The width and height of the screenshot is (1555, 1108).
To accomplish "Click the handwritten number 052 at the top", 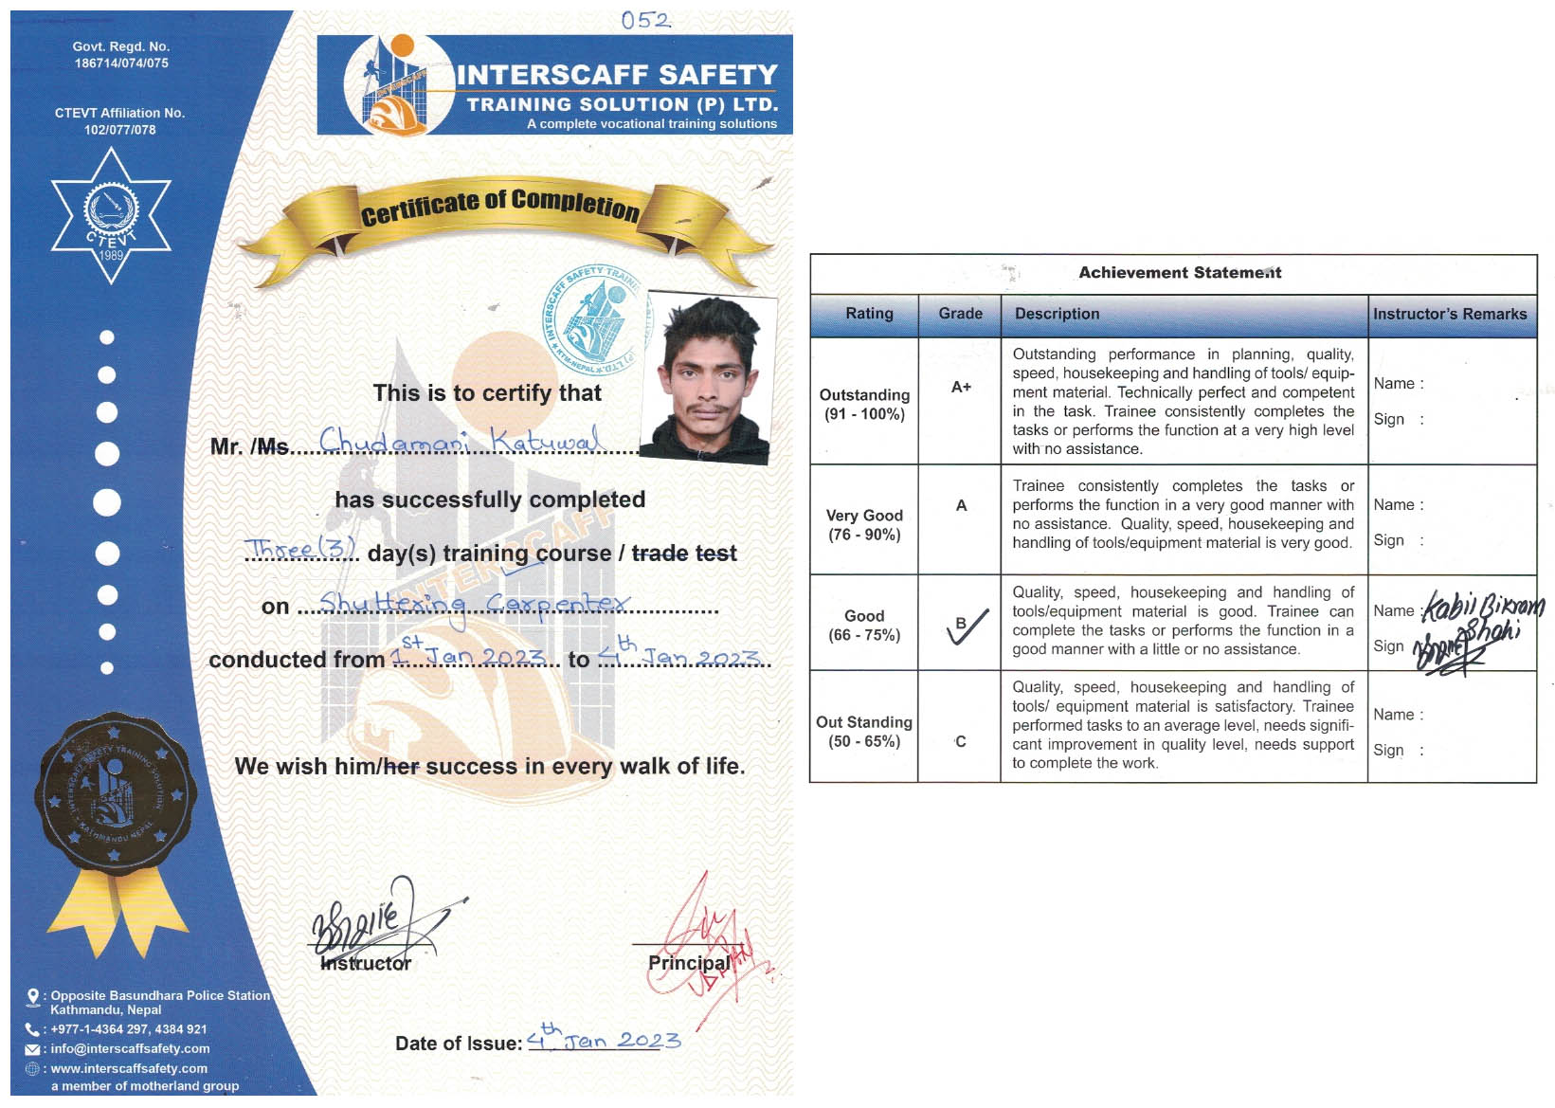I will (645, 20).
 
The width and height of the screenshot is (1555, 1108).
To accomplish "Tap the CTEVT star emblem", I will (111, 217).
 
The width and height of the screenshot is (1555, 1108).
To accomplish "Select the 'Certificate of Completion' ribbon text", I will (499, 206).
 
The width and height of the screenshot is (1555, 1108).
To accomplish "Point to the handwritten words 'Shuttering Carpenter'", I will (473, 604).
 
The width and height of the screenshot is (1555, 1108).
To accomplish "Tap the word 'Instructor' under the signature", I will (366, 963).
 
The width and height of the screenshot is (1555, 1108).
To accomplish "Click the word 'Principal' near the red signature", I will (689, 962).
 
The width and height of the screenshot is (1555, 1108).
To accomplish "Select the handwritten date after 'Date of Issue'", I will (604, 1039).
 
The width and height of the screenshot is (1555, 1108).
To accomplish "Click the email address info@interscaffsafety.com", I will (130, 1048).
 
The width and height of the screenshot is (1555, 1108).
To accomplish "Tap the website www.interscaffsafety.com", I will (129, 1068).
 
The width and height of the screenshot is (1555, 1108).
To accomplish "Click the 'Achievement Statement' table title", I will (1179, 273).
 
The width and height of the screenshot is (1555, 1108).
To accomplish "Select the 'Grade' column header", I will (960, 314).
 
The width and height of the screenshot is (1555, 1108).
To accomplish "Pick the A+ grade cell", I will (961, 387).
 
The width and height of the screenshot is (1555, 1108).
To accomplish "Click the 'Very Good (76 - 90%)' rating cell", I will (864, 525).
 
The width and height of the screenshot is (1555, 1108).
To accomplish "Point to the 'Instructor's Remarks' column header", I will (1449, 314).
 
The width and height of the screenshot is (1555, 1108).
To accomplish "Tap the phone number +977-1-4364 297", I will (128, 1028).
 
